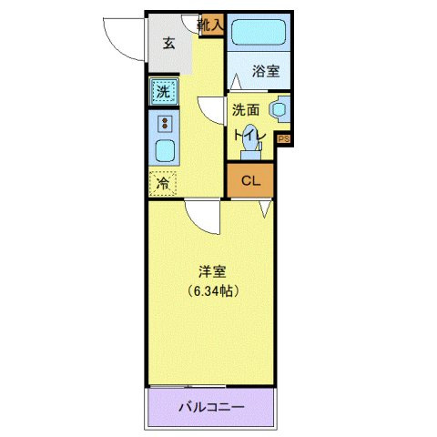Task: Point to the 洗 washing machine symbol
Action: (x=163, y=91)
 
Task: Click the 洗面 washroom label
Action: (x=245, y=110)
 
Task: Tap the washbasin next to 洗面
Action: (x=279, y=109)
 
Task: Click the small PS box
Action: (x=283, y=139)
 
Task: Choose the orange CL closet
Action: (x=250, y=180)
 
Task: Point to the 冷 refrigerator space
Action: (x=163, y=183)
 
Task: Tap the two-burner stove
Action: (x=165, y=123)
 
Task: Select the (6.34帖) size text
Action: (x=212, y=291)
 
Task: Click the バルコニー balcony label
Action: (x=210, y=407)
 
